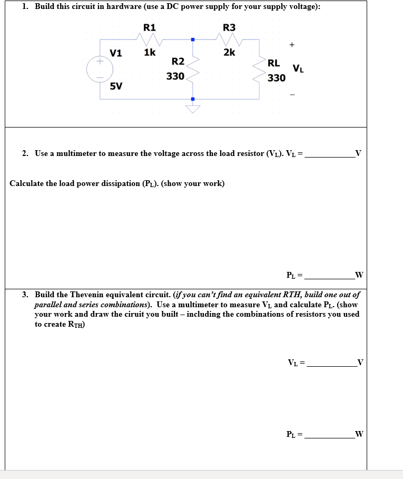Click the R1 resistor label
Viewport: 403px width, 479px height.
pos(150,28)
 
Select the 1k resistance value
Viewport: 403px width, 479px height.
pos(149,52)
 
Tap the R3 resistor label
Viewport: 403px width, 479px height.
pos(230,28)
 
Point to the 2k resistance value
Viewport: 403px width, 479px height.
pos(230,52)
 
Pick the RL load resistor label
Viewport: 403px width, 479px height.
pos(274,64)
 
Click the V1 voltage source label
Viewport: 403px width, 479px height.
pos(116,53)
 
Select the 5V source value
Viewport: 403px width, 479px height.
pos(116,86)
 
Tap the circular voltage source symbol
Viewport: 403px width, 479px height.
pos(99,69)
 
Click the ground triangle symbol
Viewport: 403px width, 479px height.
pos(193,109)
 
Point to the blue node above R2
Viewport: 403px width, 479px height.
pos(193,40)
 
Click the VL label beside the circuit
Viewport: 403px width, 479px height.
pos(298,69)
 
